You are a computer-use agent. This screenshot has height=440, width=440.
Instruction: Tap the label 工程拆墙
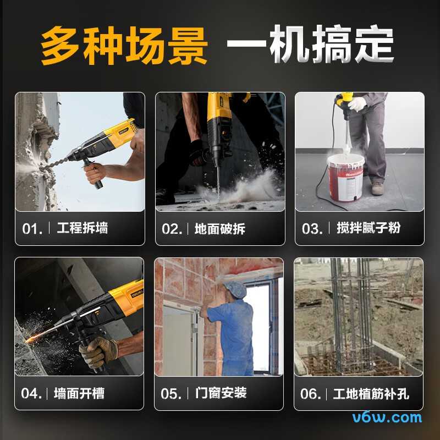[82, 228]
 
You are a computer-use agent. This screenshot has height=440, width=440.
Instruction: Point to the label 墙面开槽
[79, 393]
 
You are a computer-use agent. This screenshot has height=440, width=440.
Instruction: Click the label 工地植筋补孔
[371, 394]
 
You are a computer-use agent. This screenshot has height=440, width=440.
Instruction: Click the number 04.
[31, 394]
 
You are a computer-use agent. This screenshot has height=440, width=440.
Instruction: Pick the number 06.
[311, 394]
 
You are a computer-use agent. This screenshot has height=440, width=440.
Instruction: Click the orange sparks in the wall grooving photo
[30, 337]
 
